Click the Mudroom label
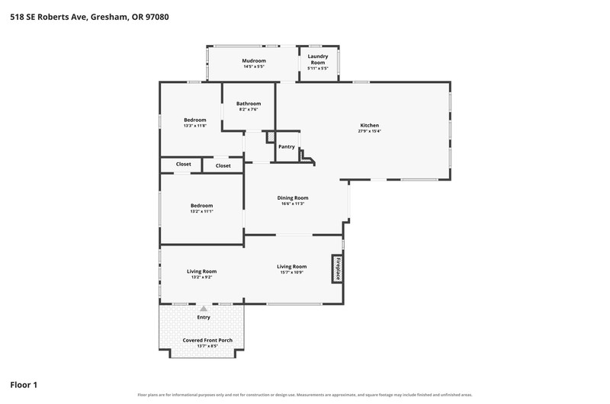[x=254, y=61]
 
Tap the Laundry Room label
[x=318, y=59]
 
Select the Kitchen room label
[x=369, y=125]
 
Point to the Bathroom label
[x=249, y=104]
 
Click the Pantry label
[x=287, y=146]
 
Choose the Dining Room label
[x=293, y=198]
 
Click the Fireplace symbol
[x=337, y=268]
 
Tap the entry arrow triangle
[x=204, y=309]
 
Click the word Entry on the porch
[x=204, y=317]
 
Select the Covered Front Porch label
[x=207, y=340]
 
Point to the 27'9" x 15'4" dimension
[x=369, y=131]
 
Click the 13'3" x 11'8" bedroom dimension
[x=195, y=126]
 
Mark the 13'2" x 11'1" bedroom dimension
[x=201, y=211]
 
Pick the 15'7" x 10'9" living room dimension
[x=292, y=273]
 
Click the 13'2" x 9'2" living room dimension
[x=201, y=277]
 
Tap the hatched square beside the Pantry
[x=271, y=137]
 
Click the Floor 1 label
[x=24, y=385]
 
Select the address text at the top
[x=89, y=17]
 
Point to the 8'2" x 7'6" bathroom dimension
[x=249, y=110]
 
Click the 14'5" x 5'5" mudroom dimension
[x=254, y=67]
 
